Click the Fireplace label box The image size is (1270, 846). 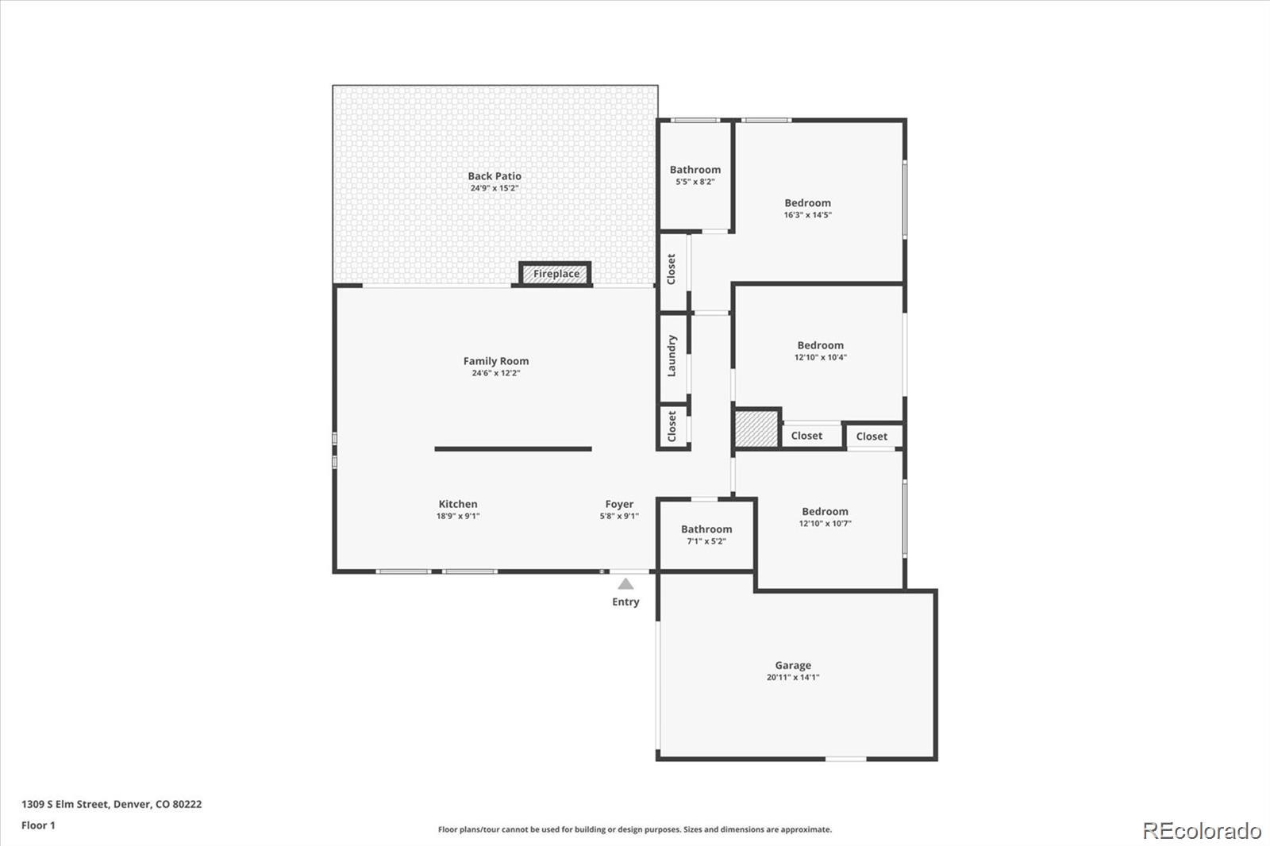556,274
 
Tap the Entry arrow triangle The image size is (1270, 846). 625,584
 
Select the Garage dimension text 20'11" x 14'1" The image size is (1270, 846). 792,678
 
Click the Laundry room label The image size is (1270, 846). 672,356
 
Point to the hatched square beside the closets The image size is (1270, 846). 756,429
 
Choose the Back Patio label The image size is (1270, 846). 494,176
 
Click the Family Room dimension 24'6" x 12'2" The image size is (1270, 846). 495,373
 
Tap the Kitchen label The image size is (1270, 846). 458,504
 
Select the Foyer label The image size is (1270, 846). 619,504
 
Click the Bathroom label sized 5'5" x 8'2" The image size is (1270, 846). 695,170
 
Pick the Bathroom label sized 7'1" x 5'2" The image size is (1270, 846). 706,529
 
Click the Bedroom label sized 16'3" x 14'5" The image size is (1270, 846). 807,203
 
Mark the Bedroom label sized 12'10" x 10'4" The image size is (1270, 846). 820,345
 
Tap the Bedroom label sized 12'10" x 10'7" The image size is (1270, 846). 825,512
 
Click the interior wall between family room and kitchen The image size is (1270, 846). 513,449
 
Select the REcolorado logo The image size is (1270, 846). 1201,831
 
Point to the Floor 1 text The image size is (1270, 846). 38,825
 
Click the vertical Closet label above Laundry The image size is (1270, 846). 672,270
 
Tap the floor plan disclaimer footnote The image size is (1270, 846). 634,829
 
